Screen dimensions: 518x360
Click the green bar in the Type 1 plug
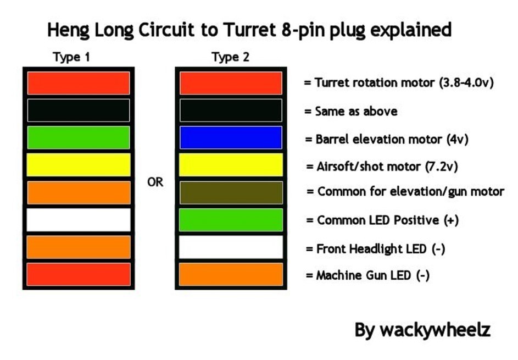79,137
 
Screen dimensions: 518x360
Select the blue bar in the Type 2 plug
231,137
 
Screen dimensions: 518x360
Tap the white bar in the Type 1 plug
79,220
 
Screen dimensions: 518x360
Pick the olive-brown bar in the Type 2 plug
231,192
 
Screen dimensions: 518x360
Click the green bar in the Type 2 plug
231,220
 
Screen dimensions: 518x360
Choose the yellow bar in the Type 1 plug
79,165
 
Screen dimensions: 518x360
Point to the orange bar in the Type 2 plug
231,274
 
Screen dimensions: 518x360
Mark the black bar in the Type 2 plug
231,110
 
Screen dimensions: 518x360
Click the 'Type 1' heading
71,57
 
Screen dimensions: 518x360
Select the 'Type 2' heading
231,57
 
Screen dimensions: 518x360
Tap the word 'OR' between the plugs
155,182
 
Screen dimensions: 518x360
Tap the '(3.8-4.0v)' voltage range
466,82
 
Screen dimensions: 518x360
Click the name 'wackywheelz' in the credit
435,330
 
